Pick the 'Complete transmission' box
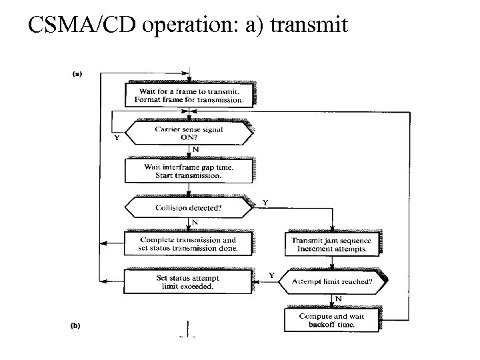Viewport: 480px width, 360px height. point(189,244)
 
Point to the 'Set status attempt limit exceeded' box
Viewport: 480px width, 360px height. point(189,281)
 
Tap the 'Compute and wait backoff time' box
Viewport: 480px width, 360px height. point(331,320)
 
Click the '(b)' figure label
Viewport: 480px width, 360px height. point(77,327)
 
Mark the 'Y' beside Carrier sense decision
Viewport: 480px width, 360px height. point(118,139)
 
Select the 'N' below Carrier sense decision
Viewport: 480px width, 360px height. point(195,150)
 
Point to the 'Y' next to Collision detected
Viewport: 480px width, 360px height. point(266,202)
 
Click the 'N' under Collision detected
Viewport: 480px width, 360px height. point(195,223)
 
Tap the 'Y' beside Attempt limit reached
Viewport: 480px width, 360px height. point(271,275)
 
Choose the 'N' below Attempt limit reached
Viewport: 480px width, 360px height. point(338,298)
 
